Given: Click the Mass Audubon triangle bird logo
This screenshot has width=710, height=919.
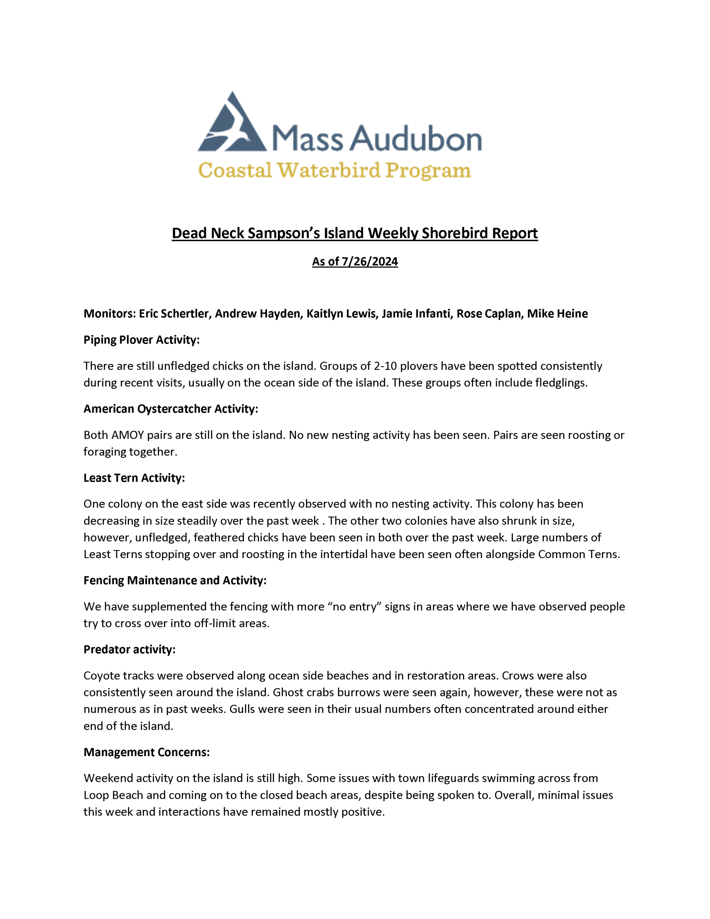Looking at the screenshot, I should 232,124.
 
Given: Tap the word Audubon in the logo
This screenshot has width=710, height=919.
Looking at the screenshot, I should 417,139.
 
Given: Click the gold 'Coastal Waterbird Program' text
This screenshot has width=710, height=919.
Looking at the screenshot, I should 335,171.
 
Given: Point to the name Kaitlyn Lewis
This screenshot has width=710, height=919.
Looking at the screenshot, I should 341,313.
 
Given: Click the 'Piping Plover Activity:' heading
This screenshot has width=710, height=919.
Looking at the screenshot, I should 141,340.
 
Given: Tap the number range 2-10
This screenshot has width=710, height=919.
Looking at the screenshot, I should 385,366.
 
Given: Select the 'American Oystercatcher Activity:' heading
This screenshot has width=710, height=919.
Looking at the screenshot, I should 171,409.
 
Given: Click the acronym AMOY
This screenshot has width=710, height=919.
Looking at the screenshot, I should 127,435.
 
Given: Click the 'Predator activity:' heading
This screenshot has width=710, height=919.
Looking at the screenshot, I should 129,649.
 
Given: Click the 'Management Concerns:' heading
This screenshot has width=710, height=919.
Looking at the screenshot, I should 146,752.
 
